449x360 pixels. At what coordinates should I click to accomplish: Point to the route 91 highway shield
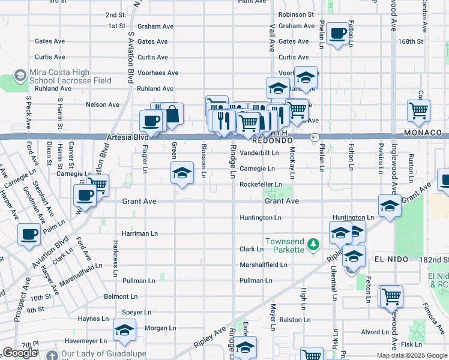point(315,137)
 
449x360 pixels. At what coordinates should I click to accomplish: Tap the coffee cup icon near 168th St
point(338,34)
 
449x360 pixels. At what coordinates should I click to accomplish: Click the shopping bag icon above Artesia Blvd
point(172,114)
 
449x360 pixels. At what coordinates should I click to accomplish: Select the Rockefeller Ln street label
point(261,185)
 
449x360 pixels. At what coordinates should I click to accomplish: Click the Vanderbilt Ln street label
point(259,153)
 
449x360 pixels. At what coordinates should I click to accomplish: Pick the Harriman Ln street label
point(139,233)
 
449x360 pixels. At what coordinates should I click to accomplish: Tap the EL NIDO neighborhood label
point(391,259)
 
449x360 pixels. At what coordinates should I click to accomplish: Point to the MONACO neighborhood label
point(423,133)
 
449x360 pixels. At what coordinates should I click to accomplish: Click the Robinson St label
point(296,14)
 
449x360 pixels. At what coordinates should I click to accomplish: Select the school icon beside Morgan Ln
point(124,331)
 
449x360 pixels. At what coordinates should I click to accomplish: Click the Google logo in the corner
point(20,353)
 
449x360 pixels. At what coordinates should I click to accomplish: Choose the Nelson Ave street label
point(103,104)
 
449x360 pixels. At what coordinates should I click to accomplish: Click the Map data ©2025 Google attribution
point(411,355)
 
